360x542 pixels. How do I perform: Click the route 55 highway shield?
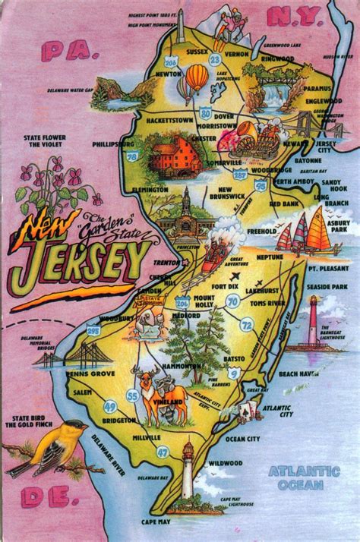point(133,395)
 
